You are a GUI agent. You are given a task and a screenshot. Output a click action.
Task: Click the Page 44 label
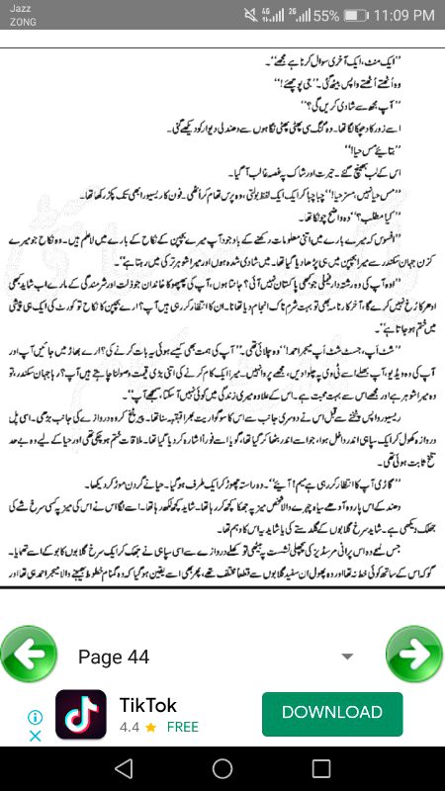pyautogui.click(x=113, y=658)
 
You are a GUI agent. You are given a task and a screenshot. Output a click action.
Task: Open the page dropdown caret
pyautogui.click(x=347, y=657)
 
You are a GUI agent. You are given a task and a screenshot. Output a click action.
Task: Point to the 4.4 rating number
pyautogui.click(x=129, y=727)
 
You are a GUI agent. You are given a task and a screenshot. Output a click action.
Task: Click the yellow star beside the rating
pyautogui.click(x=150, y=727)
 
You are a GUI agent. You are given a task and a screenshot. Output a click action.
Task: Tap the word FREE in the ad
pyautogui.click(x=182, y=727)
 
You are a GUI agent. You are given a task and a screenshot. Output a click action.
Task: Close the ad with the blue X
pyautogui.click(x=35, y=736)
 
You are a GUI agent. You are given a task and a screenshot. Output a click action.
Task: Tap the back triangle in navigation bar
pyautogui.click(x=123, y=768)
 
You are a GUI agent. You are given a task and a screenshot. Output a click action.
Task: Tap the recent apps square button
pyautogui.click(x=321, y=768)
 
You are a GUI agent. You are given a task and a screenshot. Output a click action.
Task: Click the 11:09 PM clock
pyautogui.click(x=400, y=16)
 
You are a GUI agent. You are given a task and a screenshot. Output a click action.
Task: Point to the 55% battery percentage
pyautogui.click(x=327, y=17)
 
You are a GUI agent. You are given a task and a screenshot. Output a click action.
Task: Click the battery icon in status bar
pyautogui.click(x=353, y=16)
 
